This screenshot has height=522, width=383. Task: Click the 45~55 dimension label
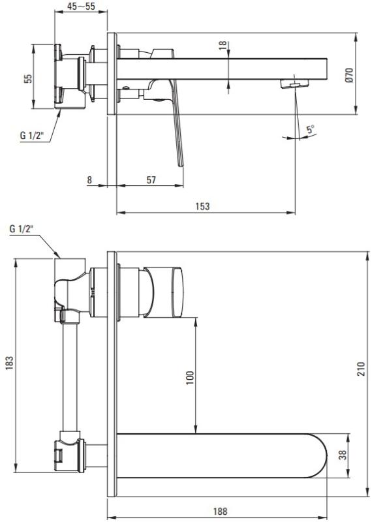tap(81, 6)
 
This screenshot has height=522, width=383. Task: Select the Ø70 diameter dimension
tap(348, 75)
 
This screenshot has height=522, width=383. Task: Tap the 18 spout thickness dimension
tap(222, 45)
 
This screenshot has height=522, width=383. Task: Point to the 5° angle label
tap(311, 129)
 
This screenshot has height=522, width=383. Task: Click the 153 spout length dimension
tap(202, 206)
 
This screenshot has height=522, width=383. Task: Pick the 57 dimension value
tap(151, 180)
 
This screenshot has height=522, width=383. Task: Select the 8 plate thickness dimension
tap(89, 180)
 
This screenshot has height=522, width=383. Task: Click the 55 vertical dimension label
tap(29, 78)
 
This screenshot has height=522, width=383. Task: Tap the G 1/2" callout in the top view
tap(32, 136)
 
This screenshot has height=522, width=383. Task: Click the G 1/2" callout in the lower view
tap(22, 229)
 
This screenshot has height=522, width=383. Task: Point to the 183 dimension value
tap(9, 363)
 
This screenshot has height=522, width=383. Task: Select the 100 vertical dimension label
tap(190, 378)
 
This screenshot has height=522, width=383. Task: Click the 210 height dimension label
tap(361, 369)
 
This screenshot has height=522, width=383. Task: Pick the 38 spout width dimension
tap(343, 455)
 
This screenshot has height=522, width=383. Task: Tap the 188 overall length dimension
tap(220, 511)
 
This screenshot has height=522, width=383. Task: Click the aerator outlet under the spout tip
tap(294, 84)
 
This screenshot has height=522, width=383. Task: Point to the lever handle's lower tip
tap(181, 165)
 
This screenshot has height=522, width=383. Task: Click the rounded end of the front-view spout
tap(320, 455)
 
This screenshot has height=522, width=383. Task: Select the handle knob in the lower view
tap(164, 292)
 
